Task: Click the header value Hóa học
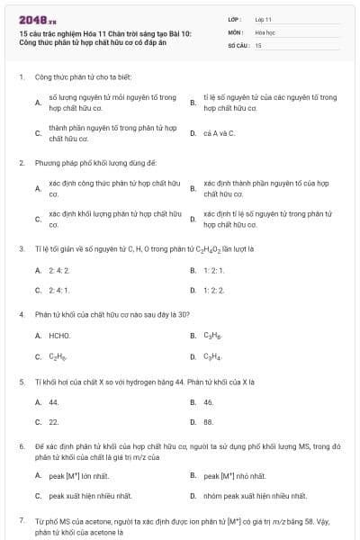265,31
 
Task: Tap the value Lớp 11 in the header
263,18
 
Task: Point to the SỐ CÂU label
237,44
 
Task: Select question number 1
21,77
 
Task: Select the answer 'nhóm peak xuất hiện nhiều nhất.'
255,496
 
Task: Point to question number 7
21,520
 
